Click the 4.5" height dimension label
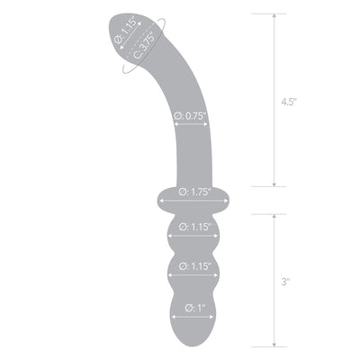click(288, 102)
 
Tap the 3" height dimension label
click(285, 282)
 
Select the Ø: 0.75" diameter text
click(191, 116)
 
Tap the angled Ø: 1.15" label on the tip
click(126, 31)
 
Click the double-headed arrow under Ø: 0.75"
click(191, 124)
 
